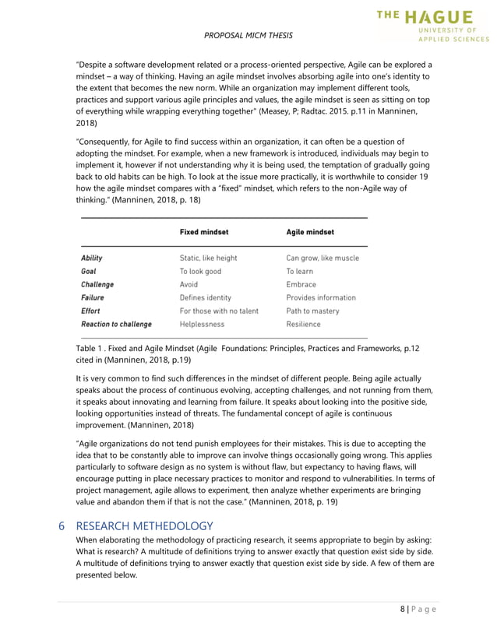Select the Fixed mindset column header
tap(203, 231)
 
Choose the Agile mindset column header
tap(310, 231)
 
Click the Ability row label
tap(92, 258)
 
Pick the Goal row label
tap(89, 271)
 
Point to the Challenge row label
tap(97, 284)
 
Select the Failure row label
tap(93, 297)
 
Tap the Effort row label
tap(91, 311)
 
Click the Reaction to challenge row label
tap(116, 324)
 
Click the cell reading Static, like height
tap(208, 258)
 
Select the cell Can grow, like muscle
tap(323, 258)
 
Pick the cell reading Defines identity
tap(205, 297)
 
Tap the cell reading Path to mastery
tap(312, 311)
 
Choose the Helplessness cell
tap(202, 324)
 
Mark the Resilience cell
tap(303, 324)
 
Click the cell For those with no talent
tap(217, 311)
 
